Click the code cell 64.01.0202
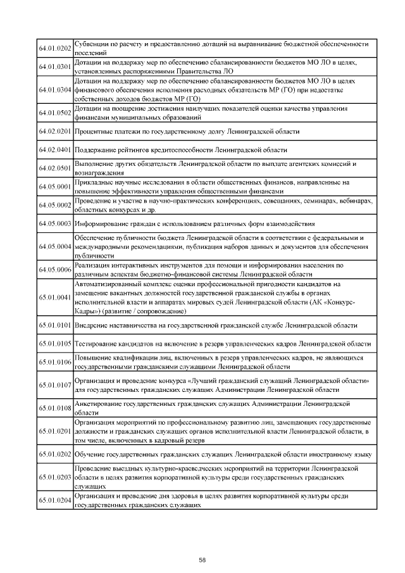coord(55,48)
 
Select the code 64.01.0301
coord(55,66)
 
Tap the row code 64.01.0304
coord(55,90)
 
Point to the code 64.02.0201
coord(55,132)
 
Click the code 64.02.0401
coord(55,150)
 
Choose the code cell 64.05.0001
coord(55,187)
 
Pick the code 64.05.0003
coord(55,224)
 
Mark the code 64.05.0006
coord(55,270)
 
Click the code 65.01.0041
coord(55,298)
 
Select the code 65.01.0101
coord(55,325)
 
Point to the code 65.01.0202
coord(55,455)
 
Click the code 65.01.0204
coord(55,501)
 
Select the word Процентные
coord(94,132)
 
